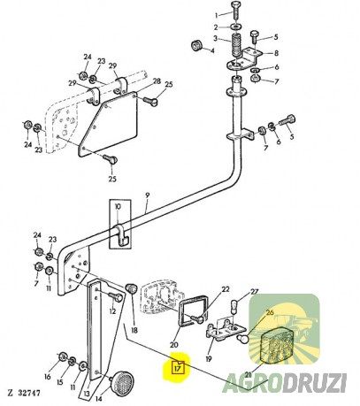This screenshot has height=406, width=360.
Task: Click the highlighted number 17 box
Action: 178,367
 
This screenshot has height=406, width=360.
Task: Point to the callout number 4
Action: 212,50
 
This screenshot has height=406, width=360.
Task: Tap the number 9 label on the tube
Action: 148,195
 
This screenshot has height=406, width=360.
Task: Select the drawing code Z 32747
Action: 24,393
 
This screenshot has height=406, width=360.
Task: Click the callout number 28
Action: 157,80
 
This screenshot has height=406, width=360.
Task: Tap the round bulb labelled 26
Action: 243,338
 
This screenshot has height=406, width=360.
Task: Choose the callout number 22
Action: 226,289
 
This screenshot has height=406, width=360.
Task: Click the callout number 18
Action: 134,331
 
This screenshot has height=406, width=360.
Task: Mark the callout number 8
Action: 276,53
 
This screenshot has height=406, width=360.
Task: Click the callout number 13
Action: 87,394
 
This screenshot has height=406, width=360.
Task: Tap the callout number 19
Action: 209,359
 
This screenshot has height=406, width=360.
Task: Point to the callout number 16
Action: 48,377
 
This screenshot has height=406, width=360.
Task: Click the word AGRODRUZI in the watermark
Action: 285,383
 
